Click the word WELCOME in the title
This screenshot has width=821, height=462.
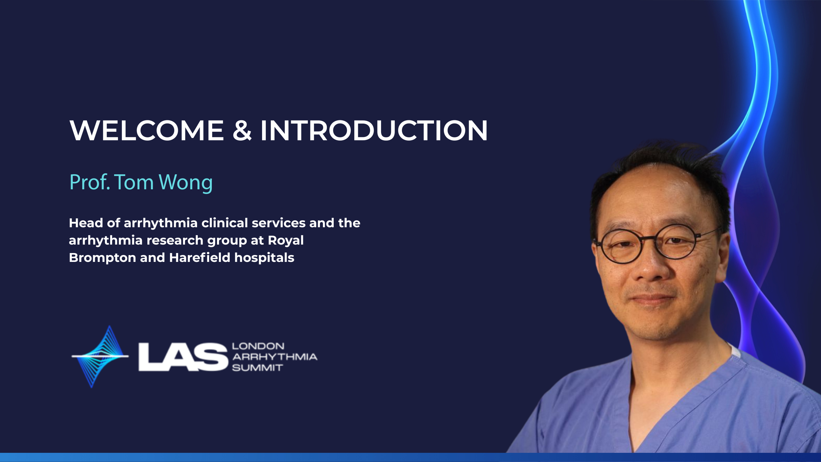(x=147, y=130)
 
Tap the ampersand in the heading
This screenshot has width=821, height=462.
(x=242, y=130)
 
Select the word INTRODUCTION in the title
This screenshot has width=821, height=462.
(x=374, y=130)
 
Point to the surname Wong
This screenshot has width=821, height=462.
(x=186, y=183)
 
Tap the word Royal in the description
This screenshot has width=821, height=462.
(x=286, y=241)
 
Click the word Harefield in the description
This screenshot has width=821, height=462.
(x=200, y=258)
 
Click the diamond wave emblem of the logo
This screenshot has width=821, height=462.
(x=100, y=356)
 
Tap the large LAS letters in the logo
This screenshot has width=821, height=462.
(x=183, y=357)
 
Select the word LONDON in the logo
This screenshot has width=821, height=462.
(x=258, y=346)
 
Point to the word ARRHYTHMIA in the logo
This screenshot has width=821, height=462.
(x=275, y=357)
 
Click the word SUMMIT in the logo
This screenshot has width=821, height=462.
(x=257, y=368)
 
